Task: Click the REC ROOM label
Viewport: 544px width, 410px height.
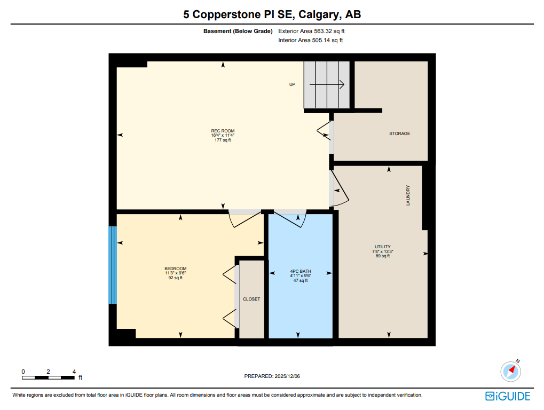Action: tap(223, 131)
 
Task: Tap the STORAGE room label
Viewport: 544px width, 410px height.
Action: tap(399, 133)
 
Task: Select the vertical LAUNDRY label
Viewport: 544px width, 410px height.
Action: tap(408, 195)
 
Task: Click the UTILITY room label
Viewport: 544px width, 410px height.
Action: tap(382, 247)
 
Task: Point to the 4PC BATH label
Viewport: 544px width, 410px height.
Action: tap(300, 271)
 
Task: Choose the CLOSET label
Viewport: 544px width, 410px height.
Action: tap(251, 299)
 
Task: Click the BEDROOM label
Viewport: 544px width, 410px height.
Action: tap(175, 269)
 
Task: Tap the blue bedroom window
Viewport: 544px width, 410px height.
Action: tap(113, 265)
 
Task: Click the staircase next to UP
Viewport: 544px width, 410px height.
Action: tap(327, 85)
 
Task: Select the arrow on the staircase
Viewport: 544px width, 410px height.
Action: tap(327, 84)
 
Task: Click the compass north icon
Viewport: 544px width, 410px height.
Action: tap(511, 370)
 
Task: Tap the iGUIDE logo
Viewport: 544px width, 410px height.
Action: tap(508, 396)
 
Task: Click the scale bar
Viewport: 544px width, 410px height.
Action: tap(48, 377)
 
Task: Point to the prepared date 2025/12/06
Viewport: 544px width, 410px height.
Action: tap(272, 376)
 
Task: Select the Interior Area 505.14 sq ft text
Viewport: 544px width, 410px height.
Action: tap(310, 40)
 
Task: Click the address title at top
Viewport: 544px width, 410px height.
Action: tap(272, 14)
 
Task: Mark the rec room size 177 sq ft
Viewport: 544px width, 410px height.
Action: tap(223, 140)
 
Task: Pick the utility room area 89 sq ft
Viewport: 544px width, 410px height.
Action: tap(382, 256)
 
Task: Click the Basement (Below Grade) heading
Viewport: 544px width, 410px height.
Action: tap(238, 31)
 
